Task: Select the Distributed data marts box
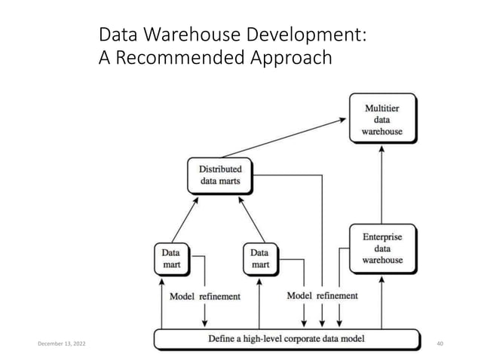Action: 219,175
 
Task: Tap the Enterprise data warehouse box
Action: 381,248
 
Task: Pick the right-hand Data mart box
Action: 259,258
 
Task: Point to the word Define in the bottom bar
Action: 225,339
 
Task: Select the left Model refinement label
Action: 205,296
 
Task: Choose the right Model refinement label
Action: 322,295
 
